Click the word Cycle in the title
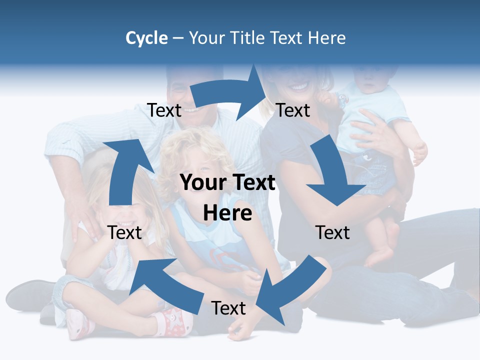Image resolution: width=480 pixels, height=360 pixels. point(146,38)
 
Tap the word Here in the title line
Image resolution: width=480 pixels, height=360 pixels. point(326,38)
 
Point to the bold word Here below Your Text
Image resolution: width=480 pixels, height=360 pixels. point(227,213)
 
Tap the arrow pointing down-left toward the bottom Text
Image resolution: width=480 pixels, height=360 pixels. point(290,290)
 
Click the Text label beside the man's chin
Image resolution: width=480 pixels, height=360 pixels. point(164,110)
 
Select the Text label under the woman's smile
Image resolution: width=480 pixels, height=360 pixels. point(293,110)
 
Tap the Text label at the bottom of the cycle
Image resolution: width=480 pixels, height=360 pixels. point(228,308)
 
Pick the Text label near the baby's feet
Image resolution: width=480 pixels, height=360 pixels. point(332,232)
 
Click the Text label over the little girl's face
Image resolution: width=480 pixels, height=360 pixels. point(124,232)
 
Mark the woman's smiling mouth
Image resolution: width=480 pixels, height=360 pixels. point(299,86)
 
